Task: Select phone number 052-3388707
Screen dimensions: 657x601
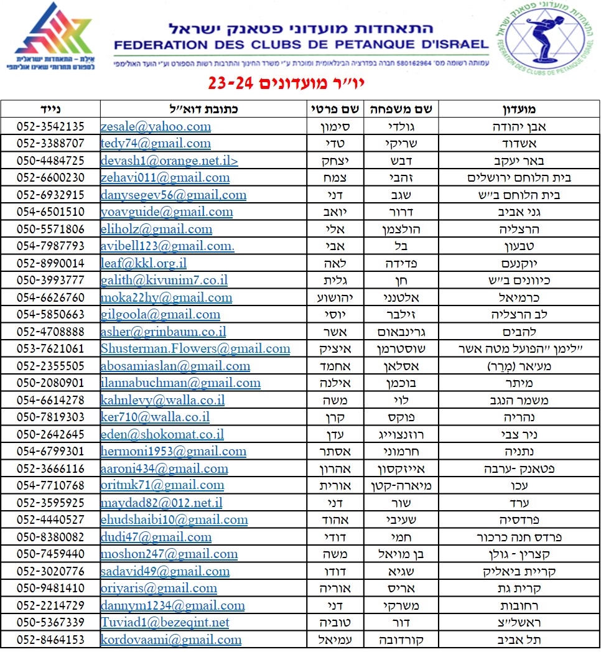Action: pyautogui.click(x=50, y=143)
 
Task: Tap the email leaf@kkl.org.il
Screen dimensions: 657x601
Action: pyautogui.click(x=144, y=263)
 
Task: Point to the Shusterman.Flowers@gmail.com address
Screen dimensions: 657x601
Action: pyautogui.click(x=195, y=348)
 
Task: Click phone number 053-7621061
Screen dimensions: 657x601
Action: pyautogui.click(x=50, y=348)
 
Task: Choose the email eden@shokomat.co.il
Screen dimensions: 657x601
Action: pyautogui.click(x=162, y=434)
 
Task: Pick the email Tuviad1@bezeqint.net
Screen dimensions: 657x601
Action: pyautogui.click(x=165, y=622)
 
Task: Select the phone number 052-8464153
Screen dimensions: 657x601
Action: pyautogui.click(x=50, y=640)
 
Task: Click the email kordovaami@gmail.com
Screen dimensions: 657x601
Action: pyautogui.click(x=171, y=640)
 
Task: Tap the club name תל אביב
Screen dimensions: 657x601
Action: pyautogui.click(x=519, y=640)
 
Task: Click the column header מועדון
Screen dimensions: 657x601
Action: pyautogui.click(x=519, y=109)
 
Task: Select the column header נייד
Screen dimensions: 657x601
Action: pyautogui.click(x=50, y=109)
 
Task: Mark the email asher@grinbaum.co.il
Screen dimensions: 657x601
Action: pyautogui.click(x=164, y=332)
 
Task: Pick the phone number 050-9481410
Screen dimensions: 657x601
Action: pyautogui.click(x=50, y=588)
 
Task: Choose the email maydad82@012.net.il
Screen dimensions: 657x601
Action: pyautogui.click(x=161, y=503)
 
